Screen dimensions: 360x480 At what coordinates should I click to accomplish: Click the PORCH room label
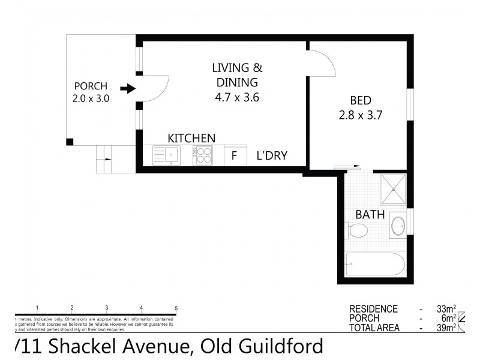[x=91, y=86]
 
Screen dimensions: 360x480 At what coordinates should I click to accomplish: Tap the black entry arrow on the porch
[x=127, y=89]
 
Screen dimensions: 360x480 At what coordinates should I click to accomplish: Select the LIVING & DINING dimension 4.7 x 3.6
[x=237, y=96]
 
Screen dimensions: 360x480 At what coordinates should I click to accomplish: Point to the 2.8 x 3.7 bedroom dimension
[x=361, y=113]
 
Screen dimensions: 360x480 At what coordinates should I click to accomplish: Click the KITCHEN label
[x=191, y=139]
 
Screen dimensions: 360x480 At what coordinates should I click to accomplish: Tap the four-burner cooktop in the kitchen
[x=203, y=156]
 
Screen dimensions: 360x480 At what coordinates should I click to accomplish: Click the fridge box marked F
[x=235, y=156]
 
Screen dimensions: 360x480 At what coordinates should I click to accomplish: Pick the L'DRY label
[x=272, y=156]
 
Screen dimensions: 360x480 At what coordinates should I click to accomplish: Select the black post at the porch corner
[x=70, y=142]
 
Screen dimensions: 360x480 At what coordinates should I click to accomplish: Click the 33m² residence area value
[x=445, y=309]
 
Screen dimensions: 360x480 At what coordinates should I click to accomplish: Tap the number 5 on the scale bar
[x=176, y=308]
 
